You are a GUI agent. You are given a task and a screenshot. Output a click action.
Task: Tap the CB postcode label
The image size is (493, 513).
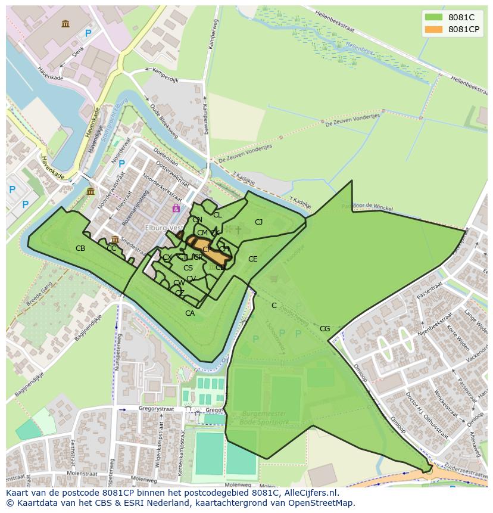[x=80, y=248]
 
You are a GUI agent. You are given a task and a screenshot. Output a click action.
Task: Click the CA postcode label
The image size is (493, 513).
[x=190, y=313]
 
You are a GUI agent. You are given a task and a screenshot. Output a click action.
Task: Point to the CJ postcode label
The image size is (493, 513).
[x=259, y=222]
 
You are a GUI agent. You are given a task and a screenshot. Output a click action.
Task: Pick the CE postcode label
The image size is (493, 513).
[x=253, y=259]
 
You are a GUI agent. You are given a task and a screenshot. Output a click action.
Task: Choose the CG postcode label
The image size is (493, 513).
[x=324, y=329]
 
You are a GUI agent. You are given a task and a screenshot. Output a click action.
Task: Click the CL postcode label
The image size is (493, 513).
[x=217, y=215]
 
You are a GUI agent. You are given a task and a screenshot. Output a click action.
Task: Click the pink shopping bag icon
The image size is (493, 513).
[x=176, y=208]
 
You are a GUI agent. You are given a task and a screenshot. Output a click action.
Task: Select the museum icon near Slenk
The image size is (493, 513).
[x=65, y=23]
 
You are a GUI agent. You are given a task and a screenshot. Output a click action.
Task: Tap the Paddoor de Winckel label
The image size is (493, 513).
[x=367, y=206]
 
